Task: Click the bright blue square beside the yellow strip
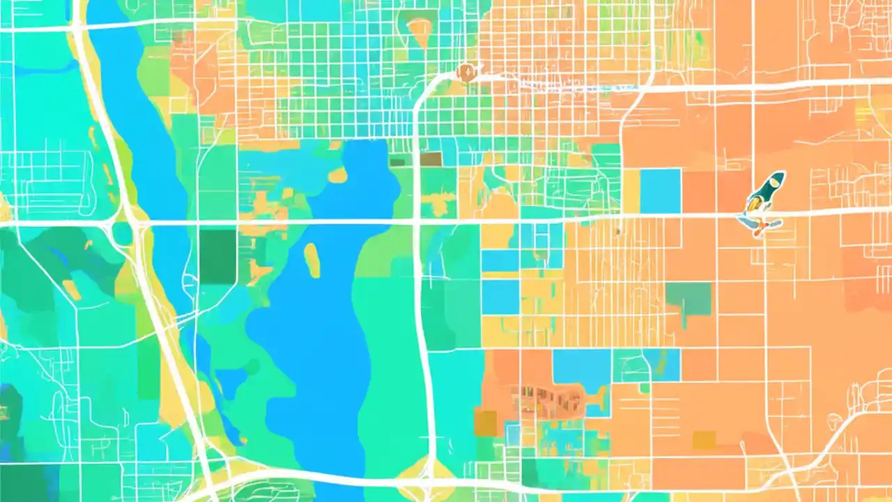(x=660, y=190)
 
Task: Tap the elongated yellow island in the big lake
(x=312, y=259)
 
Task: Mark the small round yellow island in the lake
(x=337, y=175)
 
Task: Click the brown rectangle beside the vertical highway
(x=431, y=159)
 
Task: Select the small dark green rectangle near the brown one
(x=397, y=162)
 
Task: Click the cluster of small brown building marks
(x=547, y=400)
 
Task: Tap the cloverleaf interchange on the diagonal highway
(x=130, y=224)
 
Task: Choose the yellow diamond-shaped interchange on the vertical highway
(x=427, y=471)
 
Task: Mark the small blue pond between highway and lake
(x=230, y=382)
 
